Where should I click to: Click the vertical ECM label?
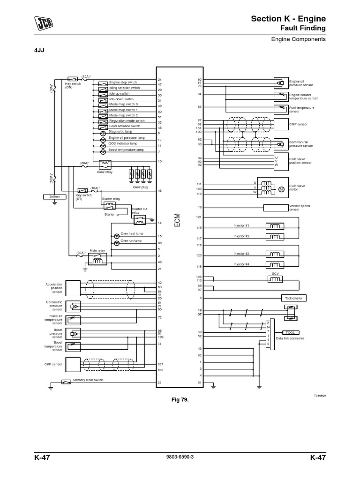tap(177, 221)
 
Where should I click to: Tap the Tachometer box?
tap(294, 298)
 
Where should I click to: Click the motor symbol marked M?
tap(282, 189)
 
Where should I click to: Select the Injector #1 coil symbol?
tap(274, 226)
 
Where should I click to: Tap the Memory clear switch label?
tap(88, 380)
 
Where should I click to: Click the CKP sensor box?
tap(73, 364)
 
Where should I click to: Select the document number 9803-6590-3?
tap(180, 457)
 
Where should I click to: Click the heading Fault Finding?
tap(303, 28)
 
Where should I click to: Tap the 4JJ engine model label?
tap(39, 50)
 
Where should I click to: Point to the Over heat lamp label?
tap(132, 233)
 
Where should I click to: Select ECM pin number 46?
tap(160, 191)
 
